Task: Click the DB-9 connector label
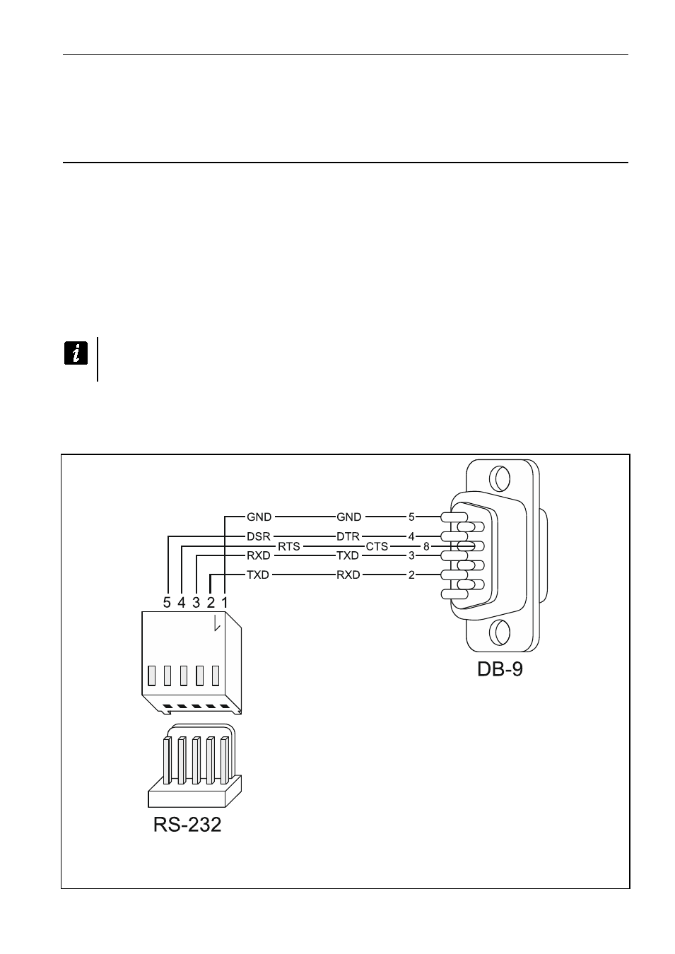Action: click(x=500, y=669)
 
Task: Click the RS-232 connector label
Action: click(x=187, y=824)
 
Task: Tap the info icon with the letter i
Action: click(x=76, y=353)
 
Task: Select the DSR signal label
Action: click(x=259, y=536)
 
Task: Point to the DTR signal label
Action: click(x=348, y=536)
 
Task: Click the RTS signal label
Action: click(x=289, y=546)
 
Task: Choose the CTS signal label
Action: click(x=376, y=546)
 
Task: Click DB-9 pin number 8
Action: click(x=426, y=546)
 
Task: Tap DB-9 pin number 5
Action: click(x=411, y=517)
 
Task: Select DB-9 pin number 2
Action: click(x=411, y=575)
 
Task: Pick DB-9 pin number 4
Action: click(x=411, y=536)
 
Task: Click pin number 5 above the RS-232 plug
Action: click(x=167, y=603)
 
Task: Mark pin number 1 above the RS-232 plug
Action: click(x=225, y=603)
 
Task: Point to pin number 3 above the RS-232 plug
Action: click(x=196, y=603)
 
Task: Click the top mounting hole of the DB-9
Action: click(x=500, y=478)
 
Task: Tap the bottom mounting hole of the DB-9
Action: click(x=500, y=632)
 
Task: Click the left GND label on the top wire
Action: click(x=259, y=517)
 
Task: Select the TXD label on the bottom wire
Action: click(x=258, y=575)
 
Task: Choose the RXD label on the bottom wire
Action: click(x=348, y=575)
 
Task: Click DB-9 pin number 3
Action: click(x=411, y=556)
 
